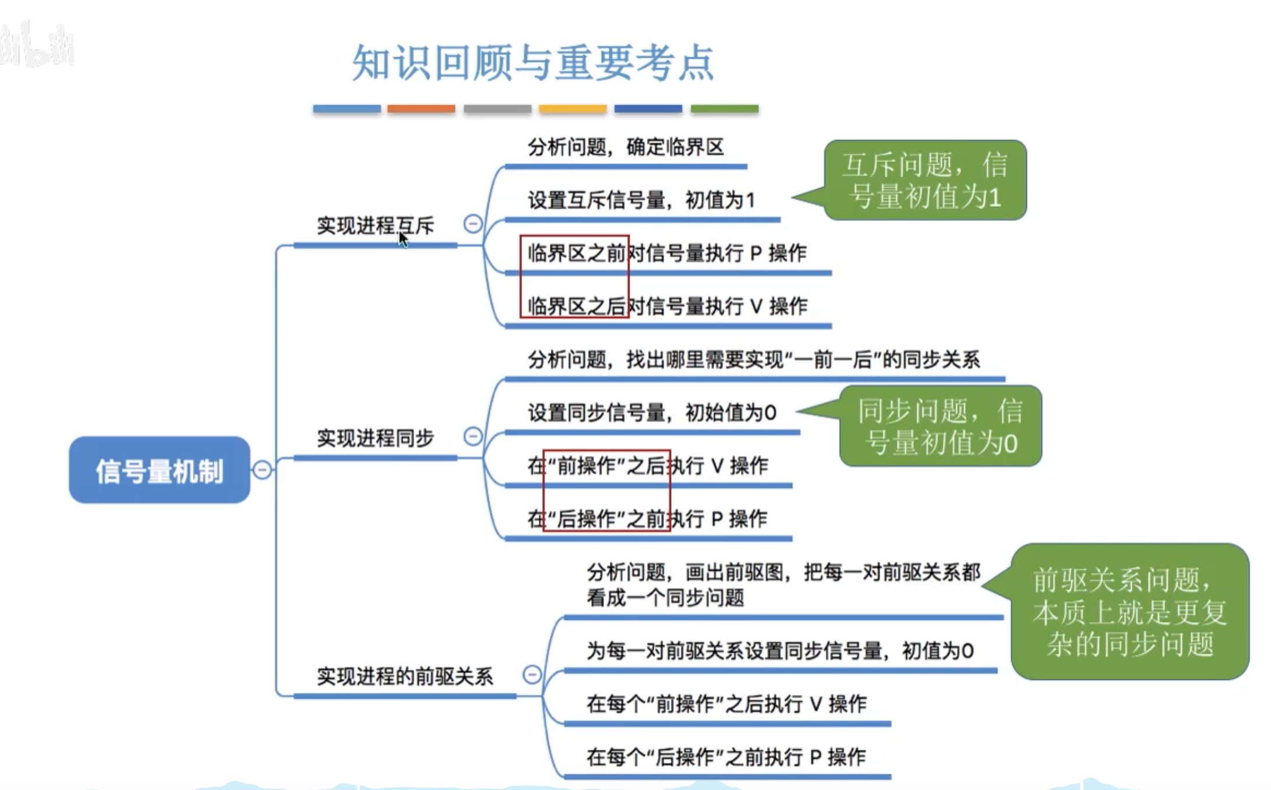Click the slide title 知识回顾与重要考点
532,62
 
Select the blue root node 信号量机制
159,470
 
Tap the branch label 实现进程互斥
375,225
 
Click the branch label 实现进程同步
375,438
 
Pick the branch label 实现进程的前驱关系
404,676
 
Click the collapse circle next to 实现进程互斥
473,224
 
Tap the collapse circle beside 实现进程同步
473,436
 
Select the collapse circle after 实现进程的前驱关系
532,675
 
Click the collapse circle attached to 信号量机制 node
262,470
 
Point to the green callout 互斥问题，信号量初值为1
925,180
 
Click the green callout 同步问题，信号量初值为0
940,426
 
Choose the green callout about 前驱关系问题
1129,611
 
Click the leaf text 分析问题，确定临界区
626,147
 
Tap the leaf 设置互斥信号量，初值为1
641,200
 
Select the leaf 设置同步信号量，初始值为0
652,413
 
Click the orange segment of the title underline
421,109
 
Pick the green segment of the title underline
724,109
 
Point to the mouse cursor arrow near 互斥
403,239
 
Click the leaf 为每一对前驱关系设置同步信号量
779,651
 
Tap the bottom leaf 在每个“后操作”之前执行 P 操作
726,757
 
